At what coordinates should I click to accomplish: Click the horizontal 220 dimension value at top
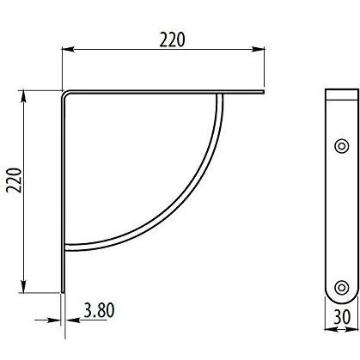[172, 40]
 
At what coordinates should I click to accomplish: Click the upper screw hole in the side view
[340, 145]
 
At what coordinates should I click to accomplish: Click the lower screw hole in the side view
[340, 287]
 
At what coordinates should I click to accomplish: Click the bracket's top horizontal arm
[163, 91]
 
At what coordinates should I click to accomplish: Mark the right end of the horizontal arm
[262, 91]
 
